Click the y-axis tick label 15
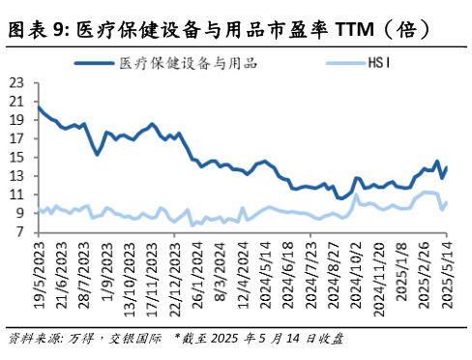click(16, 157)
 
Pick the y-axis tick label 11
click(16, 195)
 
